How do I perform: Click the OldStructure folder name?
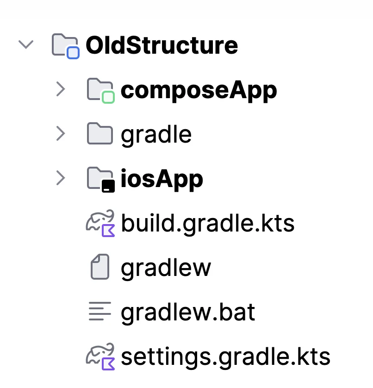tap(162, 45)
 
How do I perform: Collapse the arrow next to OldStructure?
tap(26, 44)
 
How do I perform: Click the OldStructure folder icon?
tap(66, 46)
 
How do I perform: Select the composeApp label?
tap(199, 91)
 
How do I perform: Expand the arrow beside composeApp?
tap(61, 89)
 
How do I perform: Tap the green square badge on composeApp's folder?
tap(108, 97)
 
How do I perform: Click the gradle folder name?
tap(156, 135)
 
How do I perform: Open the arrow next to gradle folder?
tap(61, 134)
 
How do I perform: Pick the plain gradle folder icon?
tap(100, 133)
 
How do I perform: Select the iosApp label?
tap(162, 179)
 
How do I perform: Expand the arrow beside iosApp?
tap(61, 178)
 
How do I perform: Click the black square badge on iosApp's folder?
tap(108, 186)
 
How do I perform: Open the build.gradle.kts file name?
tap(208, 224)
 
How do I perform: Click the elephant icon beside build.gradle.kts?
tap(100, 223)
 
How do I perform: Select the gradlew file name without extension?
tap(166, 268)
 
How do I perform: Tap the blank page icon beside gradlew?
tap(100, 267)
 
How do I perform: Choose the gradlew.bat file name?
tap(188, 312)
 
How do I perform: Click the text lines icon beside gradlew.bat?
tap(100, 311)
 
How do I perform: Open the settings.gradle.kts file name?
tap(225, 357)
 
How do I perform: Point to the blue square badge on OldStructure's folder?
tap(73, 53)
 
